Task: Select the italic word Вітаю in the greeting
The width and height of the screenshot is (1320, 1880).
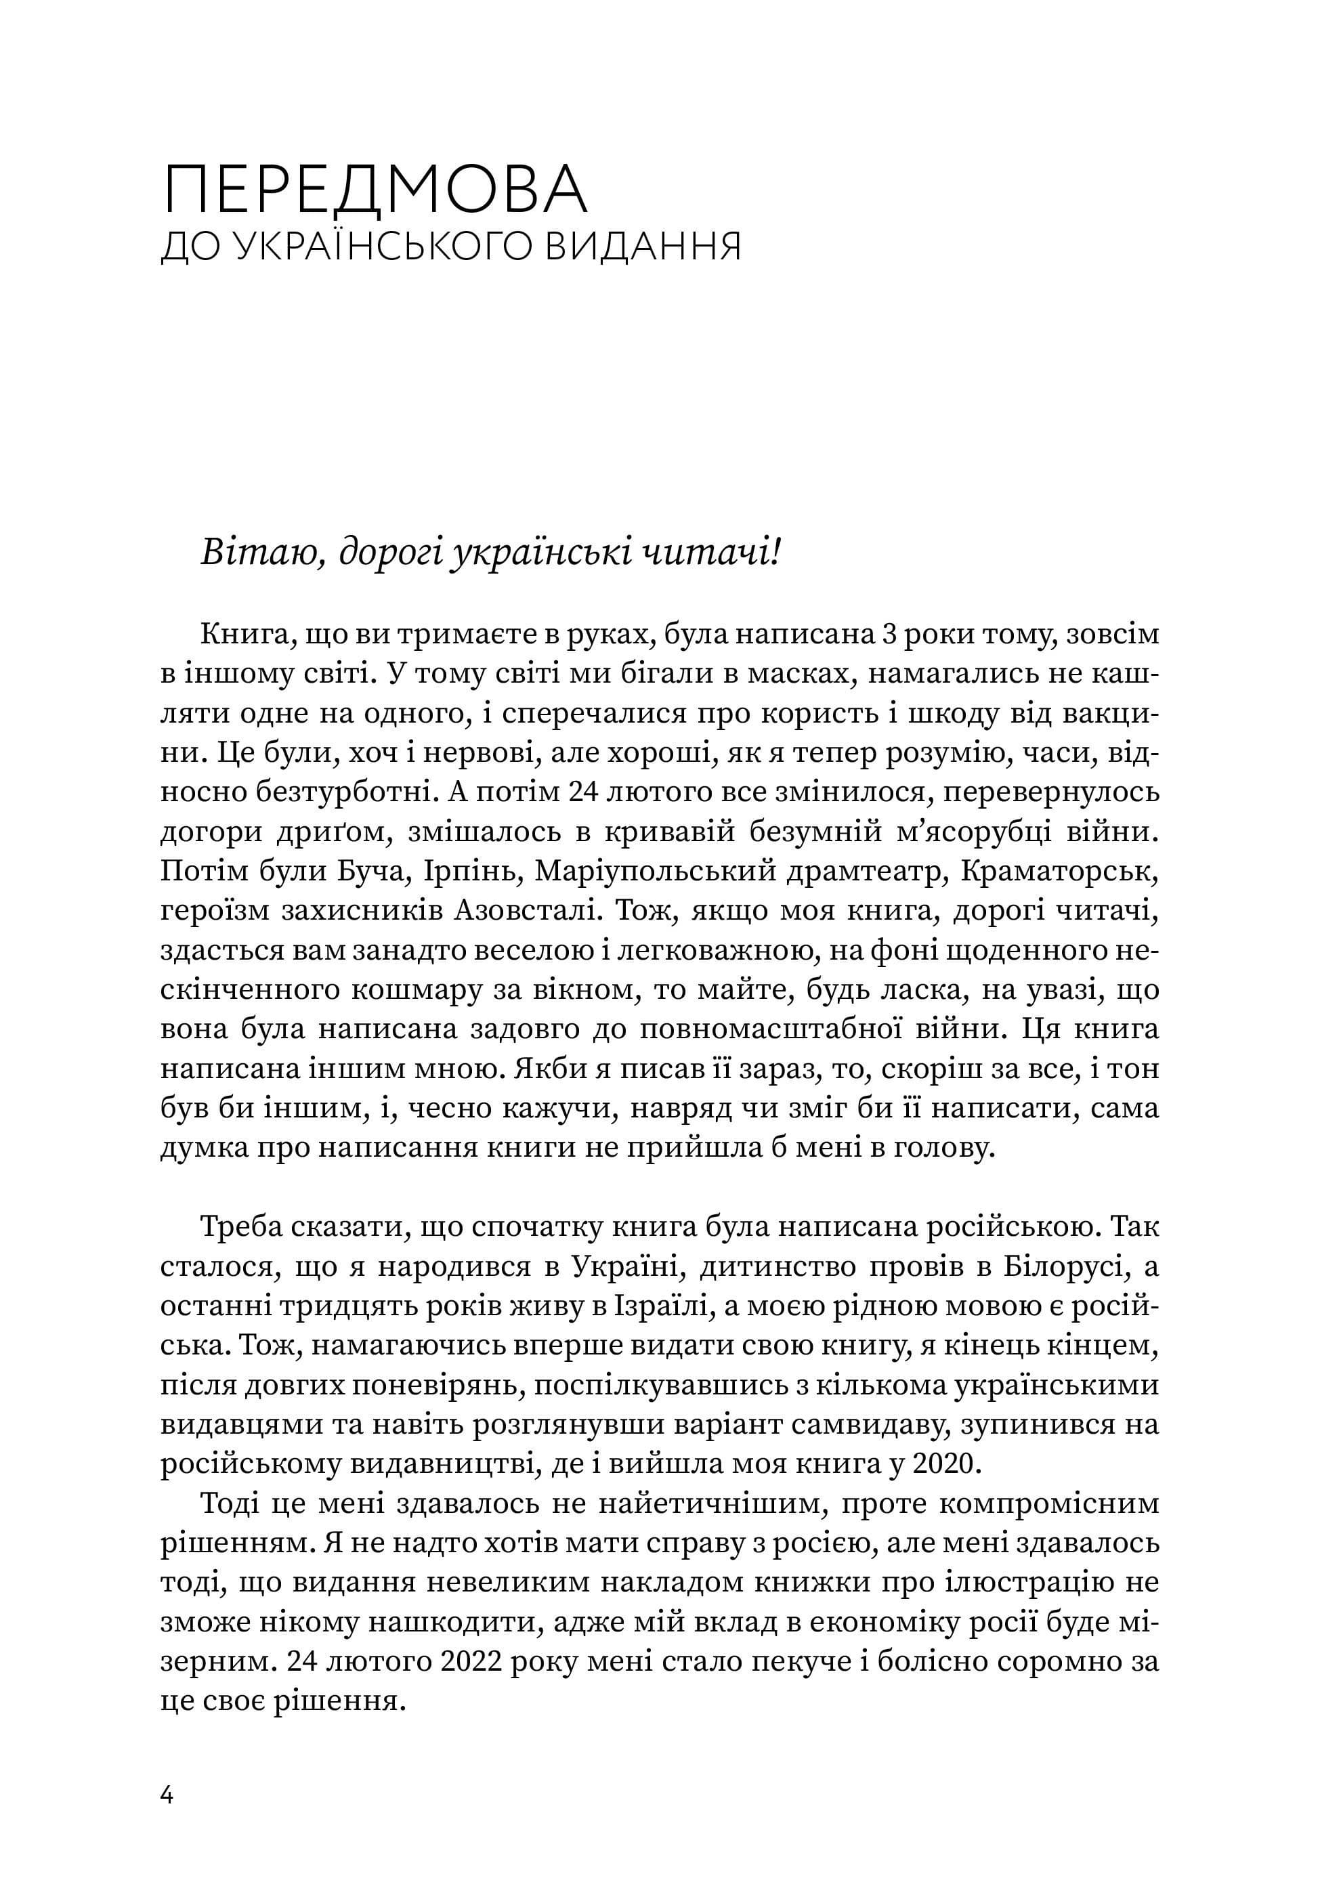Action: click(258, 555)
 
